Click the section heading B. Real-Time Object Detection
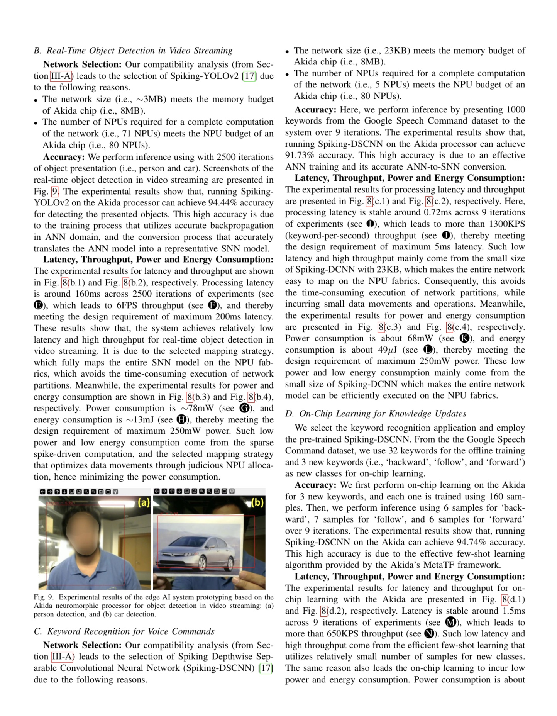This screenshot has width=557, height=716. (133, 51)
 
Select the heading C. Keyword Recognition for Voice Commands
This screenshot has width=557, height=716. (124, 631)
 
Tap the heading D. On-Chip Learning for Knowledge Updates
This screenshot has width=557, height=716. (376, 413)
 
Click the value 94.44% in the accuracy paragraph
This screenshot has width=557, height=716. (222, 203)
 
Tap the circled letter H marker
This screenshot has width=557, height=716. (181, 420)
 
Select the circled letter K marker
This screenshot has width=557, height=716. (465, 338)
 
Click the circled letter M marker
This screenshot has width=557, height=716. (450, 622)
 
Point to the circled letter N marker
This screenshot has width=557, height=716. (429, 634)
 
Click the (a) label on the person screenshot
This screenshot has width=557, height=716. (144, 502)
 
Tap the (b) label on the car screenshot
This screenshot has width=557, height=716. (257, 502)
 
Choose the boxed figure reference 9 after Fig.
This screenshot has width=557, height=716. (55, 191)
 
